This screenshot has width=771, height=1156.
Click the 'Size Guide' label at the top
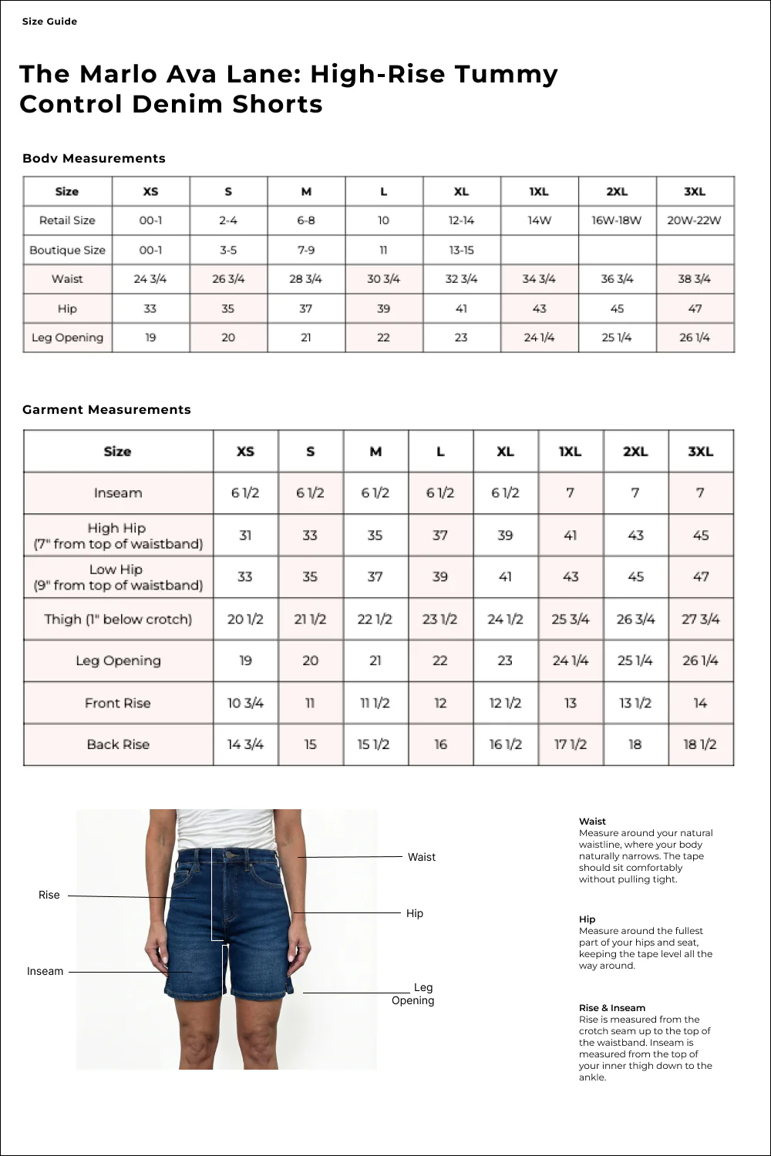coord(49,22)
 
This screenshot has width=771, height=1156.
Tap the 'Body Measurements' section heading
coord(94,158)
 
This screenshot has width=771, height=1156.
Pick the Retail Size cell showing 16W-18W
coord(617,220)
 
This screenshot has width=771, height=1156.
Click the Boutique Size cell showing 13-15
coord(461,250)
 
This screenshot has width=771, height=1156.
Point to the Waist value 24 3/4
coord(150,279)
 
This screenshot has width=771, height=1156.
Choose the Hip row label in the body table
coord(67,308)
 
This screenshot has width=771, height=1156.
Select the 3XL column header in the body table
coord(695,191)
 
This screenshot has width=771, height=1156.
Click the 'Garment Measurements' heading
coord(106,409)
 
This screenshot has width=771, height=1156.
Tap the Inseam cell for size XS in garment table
coord(245,493)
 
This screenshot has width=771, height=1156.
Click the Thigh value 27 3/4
coord(700,619)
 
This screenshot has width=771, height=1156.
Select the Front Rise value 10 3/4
coord(245,703)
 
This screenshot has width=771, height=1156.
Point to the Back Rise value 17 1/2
coord(571,744)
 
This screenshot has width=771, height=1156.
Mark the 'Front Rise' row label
coord(118,703)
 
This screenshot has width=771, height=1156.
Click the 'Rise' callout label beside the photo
coord(49,895)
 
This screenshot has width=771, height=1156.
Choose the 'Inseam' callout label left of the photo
coord(45,971)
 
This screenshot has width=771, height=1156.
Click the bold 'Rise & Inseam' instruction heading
coord(612,1007)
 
